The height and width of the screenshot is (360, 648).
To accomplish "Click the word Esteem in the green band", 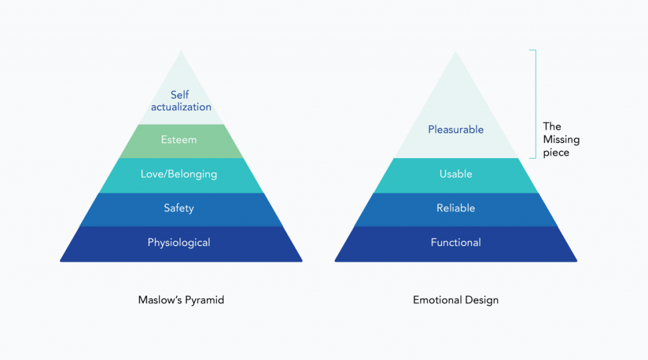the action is (178, 140).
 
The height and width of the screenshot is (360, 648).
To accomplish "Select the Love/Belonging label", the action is (178, 174).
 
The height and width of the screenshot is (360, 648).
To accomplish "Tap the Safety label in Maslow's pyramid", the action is (178, 208).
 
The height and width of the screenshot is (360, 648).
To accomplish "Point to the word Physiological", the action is (178, 242).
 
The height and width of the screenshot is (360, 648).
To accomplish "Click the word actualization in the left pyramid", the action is (181, 107).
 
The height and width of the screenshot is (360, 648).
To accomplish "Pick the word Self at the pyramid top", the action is (180, 95).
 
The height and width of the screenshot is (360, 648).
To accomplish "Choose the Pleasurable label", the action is (456, 130).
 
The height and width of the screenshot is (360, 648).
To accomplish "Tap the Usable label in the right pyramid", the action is (456, 174).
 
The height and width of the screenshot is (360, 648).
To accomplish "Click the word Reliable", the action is (456, 208).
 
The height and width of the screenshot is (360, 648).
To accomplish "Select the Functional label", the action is (456, 242).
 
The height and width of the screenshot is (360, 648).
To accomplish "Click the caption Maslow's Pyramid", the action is (181, 300).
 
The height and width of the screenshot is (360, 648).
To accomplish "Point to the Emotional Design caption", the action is (456, 300).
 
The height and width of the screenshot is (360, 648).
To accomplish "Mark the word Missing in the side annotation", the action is (561, 140).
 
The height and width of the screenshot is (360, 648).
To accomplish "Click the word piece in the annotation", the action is (556, 152).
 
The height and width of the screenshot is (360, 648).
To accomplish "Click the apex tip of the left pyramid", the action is (181, 52).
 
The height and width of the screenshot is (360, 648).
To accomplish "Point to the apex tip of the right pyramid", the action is (456, 52).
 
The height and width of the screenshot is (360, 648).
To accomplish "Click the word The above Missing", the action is (552, 127).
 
